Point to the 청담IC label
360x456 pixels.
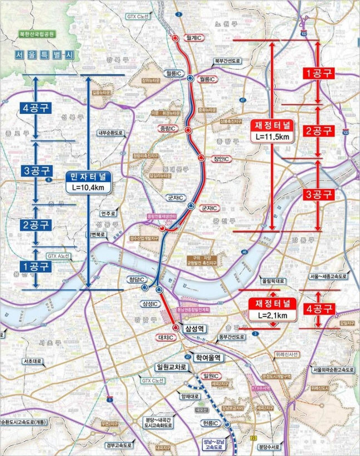click(134, 279)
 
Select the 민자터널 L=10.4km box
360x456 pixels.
click(88, 182)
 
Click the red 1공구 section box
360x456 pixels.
click(318, 73)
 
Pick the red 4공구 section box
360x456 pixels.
click(318, 308)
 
